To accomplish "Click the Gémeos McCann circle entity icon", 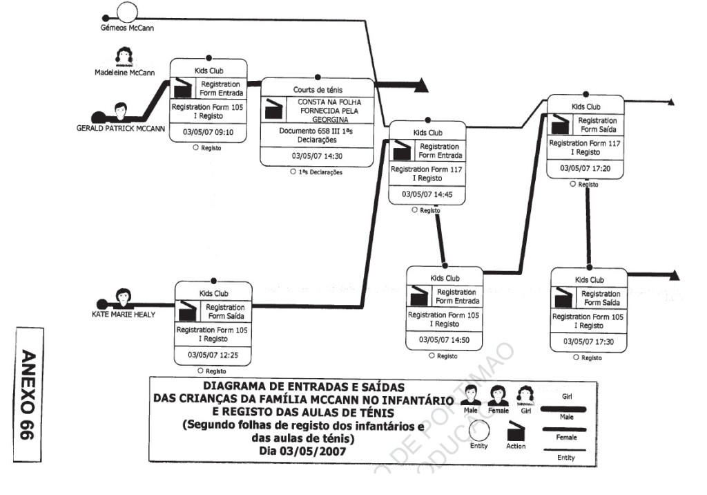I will coord(127,12).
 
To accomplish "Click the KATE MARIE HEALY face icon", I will coord(124,296).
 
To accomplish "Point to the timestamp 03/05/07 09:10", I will coord(209,131).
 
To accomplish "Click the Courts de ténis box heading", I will coord(317,89).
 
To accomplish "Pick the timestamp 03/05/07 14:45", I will coord(427,195).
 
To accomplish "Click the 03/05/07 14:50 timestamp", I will coord(445,340).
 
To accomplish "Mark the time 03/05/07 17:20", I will coord(585,168).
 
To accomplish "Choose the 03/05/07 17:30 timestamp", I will coord(588,342).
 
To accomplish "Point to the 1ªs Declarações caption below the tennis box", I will coord(320,172).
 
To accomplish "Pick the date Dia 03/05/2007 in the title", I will coord(303,450).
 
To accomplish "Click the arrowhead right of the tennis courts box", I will coord(421,86).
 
